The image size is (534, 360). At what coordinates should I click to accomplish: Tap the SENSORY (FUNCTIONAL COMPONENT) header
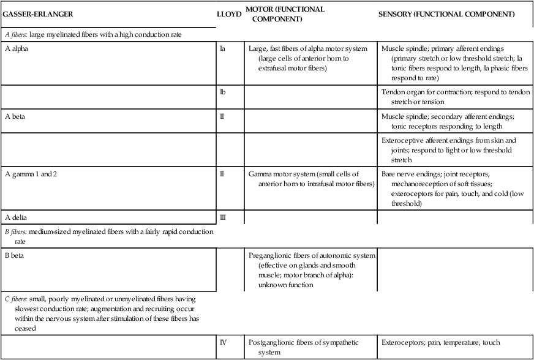coord(446,13)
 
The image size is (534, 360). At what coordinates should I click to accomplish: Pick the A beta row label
coord(17,116)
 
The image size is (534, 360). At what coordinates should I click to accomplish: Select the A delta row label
coord(17,217)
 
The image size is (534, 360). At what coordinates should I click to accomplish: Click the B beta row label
coord(16,254)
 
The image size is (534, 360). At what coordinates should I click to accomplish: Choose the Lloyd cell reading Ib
coord(222,91)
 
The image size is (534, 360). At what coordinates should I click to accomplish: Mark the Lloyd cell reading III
coord(223,217)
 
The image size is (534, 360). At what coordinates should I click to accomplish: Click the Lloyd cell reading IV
coord(224,342)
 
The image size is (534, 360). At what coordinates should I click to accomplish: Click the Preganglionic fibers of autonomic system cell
coord(312,269)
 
